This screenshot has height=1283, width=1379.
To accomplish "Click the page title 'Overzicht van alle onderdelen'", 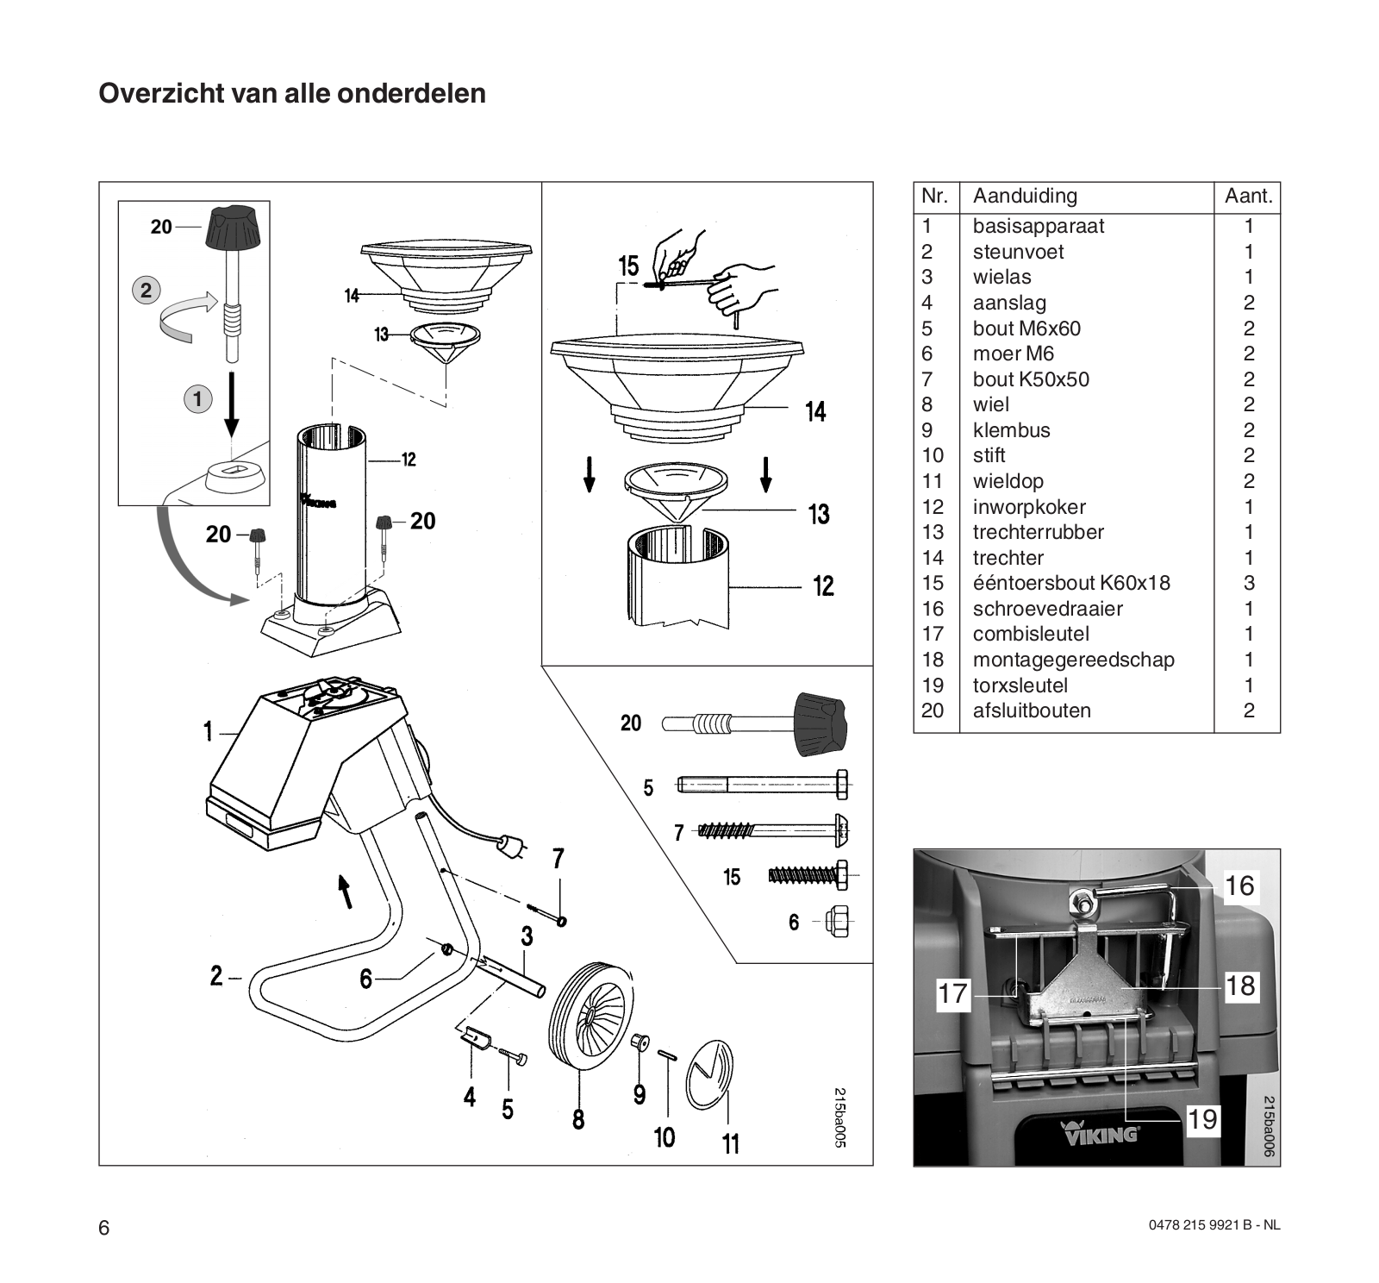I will pos(292,93).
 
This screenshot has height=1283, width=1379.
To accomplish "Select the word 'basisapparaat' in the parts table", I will pos(1038,226).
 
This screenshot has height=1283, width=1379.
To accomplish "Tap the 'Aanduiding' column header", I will pos(1025,197).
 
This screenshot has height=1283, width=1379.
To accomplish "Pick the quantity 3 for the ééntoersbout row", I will pos(1249,583).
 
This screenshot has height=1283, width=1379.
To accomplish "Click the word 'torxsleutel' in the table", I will pos(1020,685).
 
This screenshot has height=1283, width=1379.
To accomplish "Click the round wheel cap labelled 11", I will pos(709,1074).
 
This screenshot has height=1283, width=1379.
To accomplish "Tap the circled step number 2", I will pos(146,290).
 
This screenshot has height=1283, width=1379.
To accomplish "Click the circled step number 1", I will pos(197,398).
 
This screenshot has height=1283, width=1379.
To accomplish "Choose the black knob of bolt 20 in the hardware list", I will pos(821,723).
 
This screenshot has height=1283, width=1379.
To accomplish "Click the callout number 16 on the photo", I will pos(1239,886).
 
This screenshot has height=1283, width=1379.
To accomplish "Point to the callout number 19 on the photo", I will pos(1202,1119).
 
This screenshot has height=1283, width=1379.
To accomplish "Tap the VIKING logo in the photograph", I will pos(1098,1132).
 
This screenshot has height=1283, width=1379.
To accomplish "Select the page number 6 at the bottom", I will pos(104,1228).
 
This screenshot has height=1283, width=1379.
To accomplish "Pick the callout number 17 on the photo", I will pos(952,993).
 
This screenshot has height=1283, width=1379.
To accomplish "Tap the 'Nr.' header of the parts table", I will pos(934,197).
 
